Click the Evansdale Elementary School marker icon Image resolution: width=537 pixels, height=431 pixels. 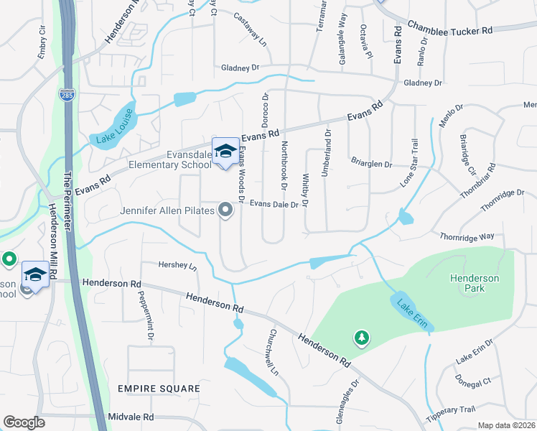point(225,152)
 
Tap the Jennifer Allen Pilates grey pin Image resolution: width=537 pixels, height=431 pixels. point(225,210)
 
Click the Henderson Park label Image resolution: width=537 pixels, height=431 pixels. point(467,283)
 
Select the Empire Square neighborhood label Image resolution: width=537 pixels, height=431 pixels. point(159,389)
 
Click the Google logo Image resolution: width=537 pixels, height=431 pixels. point(24,422)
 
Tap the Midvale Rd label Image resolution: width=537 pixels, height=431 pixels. point(131,417)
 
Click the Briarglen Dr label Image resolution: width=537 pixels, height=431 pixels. point(370,164)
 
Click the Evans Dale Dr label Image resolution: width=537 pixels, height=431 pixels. point(274,204)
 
